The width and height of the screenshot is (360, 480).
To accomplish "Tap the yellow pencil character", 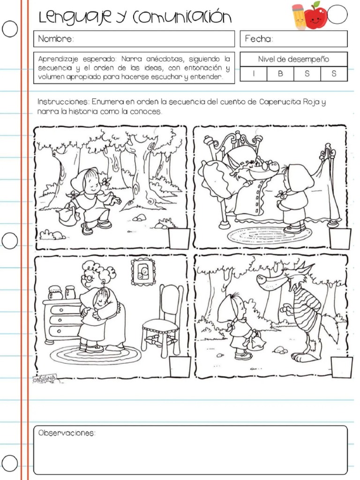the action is pos(299,17).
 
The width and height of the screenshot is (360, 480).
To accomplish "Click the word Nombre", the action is pos(56,39).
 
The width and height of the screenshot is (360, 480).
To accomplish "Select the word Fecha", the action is pos(259,39).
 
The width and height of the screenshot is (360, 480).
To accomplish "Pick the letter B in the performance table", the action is pos(280,74).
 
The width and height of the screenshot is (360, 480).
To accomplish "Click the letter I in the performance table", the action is pos(254,74).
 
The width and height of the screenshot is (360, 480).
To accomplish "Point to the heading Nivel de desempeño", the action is pos(293,59).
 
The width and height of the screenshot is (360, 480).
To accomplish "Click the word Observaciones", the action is pos(67,433).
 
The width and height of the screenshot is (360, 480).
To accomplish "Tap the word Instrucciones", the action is pos(63,102).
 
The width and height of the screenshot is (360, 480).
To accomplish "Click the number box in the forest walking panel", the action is pos(180,239).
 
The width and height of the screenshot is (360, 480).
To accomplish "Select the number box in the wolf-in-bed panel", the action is pos(340,239).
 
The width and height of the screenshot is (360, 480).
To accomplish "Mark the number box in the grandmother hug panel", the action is pos(180,367).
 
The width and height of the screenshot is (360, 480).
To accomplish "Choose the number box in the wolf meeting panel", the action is pos(341,367).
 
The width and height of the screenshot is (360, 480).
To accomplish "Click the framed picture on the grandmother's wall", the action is pos(142,272).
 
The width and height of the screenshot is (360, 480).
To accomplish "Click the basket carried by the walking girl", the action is pos(68,216).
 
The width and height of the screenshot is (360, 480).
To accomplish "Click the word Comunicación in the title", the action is pos(182,17).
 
